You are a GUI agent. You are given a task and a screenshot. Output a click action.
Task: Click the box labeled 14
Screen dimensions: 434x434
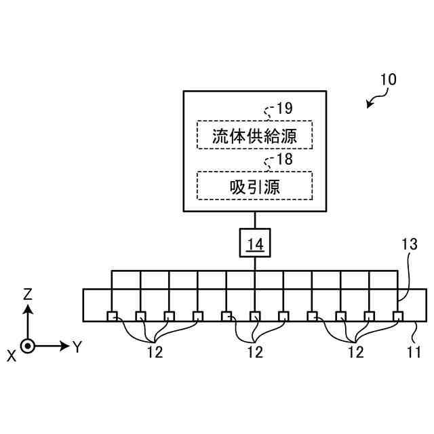[x=254, y=243]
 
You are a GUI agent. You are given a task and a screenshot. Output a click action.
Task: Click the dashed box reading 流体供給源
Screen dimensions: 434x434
[x=254, y=134]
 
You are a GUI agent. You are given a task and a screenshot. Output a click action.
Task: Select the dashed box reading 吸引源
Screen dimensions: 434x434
[x=254, y=185]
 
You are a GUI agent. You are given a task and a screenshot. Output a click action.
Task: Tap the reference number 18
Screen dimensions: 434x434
[x=285, y=160]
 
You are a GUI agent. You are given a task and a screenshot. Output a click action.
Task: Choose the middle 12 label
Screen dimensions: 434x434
[x=255, y=352]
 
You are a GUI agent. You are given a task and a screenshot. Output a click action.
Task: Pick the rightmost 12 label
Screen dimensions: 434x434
[x=355, y=352]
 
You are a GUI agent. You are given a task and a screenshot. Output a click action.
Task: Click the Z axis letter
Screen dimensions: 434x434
[x=28, y=294]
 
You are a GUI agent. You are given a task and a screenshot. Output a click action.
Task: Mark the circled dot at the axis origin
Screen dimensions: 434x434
[x=27, y=346]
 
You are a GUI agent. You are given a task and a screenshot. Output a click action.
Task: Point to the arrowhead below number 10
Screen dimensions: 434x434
[x=370, y=105]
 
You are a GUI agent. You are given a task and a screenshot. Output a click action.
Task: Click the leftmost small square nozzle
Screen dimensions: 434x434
[x=112, y=315]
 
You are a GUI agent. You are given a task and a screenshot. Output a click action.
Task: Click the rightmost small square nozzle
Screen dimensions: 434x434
[x=398, y=315]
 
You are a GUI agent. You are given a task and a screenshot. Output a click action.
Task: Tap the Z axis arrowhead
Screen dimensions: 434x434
[x=27, y=309]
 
